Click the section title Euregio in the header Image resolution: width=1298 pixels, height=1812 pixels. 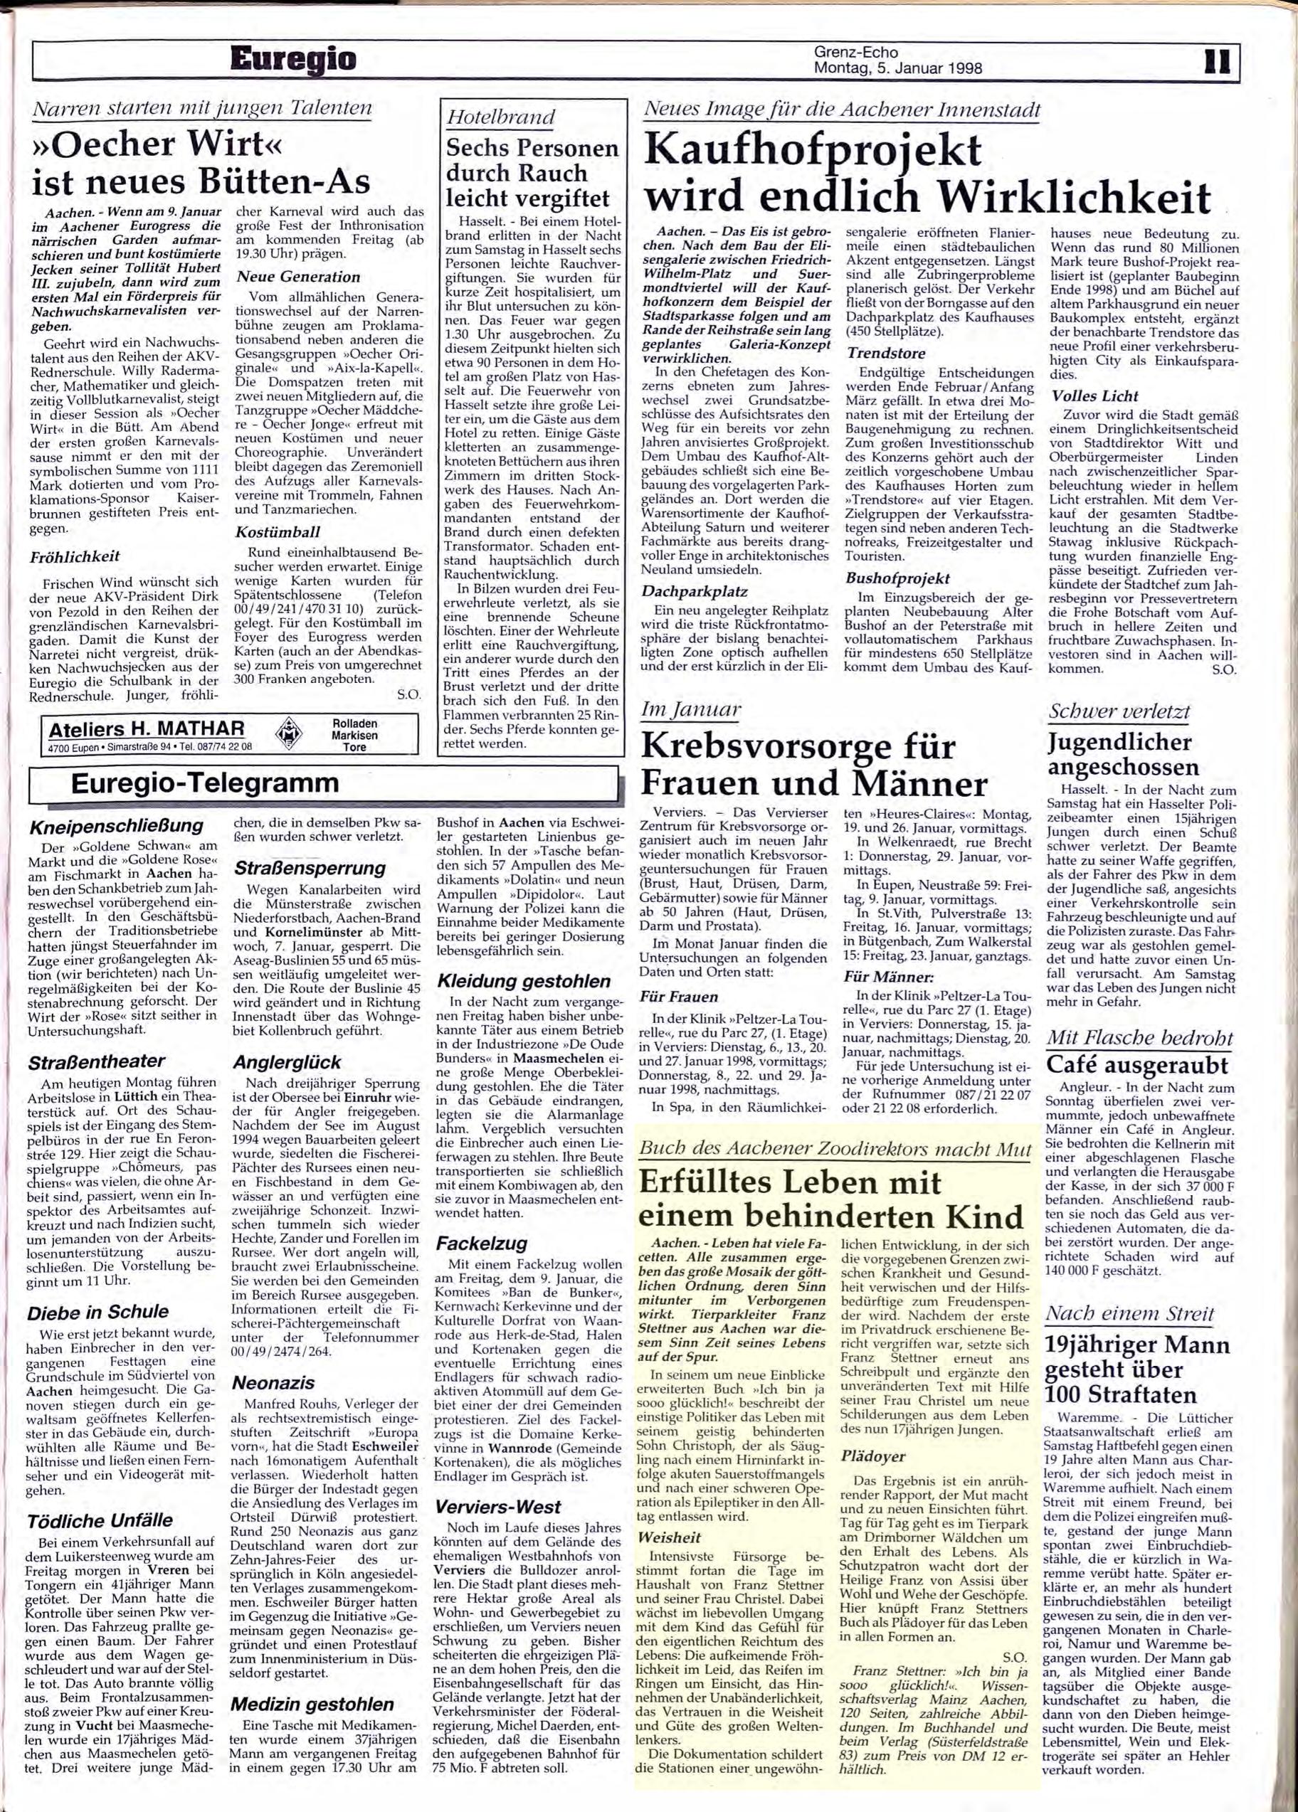point(292,60)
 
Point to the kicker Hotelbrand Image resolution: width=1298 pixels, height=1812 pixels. point(501,117)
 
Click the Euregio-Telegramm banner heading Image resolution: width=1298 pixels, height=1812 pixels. point(205,784)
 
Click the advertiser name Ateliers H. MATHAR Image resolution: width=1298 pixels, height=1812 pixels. point(147,728)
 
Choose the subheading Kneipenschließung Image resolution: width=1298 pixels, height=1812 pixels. point(116,826)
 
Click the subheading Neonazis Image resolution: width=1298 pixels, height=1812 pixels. point(273,1382)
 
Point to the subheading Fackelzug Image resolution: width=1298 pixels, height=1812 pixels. point(482,1243)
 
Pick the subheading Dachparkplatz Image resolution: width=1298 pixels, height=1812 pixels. point(695,592)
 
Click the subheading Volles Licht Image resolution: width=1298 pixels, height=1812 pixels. point(1095,396)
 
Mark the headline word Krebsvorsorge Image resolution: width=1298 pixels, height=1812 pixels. point(798,746)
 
